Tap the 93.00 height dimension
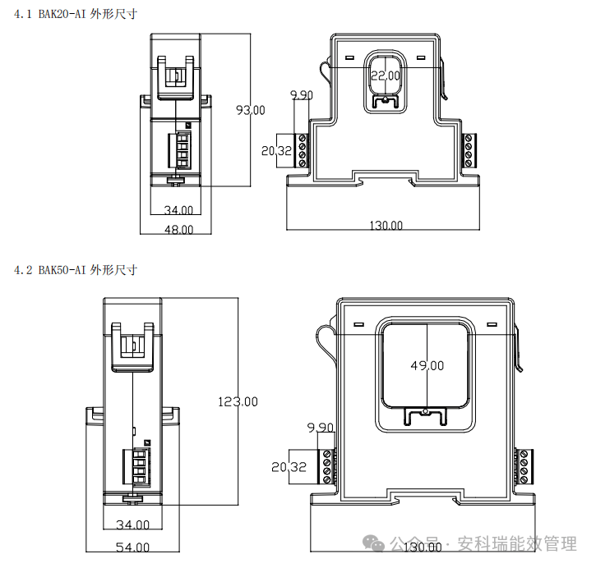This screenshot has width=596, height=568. [251, 111]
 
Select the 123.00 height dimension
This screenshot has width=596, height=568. [238, 401]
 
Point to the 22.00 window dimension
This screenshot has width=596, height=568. [386, 76]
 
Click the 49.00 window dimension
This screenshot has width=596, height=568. [427, 366]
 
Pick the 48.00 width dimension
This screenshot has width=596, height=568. [178, 230]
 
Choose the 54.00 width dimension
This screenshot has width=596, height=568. [132, 547]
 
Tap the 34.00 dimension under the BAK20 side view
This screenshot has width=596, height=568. [178, 210]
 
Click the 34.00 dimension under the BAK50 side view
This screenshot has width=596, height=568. [132, 524]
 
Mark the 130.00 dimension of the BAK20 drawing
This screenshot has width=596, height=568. [386, 226]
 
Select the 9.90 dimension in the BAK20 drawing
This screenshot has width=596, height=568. [302, 95]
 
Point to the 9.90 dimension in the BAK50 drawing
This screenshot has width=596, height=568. [320, 428]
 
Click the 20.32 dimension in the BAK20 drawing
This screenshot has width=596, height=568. [276, 151]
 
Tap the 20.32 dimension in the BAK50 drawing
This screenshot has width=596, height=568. [289, 467]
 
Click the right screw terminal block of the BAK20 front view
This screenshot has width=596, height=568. [469, 151]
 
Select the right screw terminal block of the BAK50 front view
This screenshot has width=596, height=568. [523, 466]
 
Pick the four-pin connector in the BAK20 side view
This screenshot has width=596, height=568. [180, 150]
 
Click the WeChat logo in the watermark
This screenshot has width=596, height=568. [373, 543]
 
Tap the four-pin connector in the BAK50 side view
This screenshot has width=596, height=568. [136, 467]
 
